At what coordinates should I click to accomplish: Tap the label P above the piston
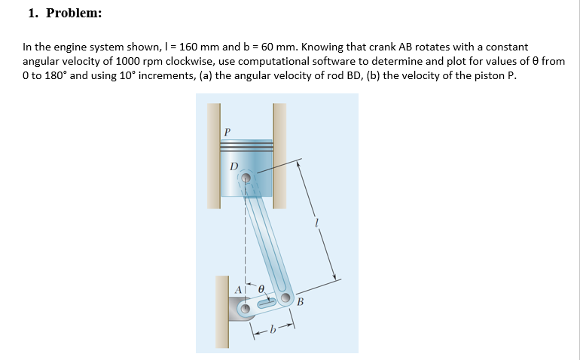click(x=226, y=132)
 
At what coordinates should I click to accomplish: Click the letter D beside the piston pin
click(x=233, y=166)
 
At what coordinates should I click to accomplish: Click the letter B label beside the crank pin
click(x=301, y=303)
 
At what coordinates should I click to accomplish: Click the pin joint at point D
click(x=245, y=179)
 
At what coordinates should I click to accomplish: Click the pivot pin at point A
click(x=245, y=308)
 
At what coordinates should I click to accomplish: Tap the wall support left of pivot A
click(x=221, y=309)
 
